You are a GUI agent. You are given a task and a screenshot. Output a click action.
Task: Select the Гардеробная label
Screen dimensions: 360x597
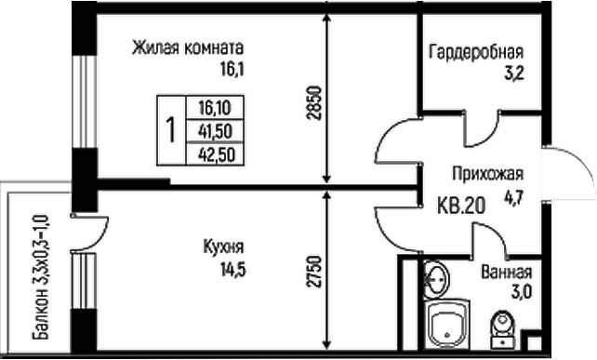(476, 53)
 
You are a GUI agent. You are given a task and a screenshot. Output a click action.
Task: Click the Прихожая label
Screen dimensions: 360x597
(489, 174)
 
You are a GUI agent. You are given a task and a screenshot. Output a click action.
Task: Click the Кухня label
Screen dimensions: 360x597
(223, 247)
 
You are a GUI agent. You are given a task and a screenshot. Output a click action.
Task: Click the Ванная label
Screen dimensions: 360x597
(507, 273)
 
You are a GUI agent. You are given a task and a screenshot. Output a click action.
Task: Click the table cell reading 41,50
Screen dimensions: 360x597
(215, 130)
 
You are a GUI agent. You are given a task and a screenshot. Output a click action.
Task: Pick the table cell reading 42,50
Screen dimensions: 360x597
(215, 154)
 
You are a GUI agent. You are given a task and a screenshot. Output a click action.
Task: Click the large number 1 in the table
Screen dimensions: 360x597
(170, 130)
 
